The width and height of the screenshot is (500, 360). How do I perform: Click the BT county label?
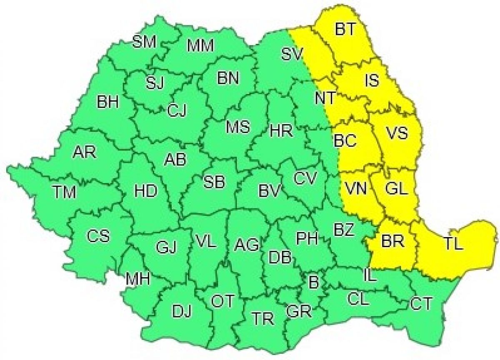[x=345, y=30]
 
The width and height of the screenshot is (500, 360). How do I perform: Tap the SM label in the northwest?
[x=144, y=42]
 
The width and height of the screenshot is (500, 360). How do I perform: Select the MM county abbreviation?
[x=200, y=45]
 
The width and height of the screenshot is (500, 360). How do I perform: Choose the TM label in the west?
[x=65, y=192]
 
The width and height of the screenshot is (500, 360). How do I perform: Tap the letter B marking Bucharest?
[x=313, y=283]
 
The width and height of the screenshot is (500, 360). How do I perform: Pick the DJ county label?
[x=182, y=311]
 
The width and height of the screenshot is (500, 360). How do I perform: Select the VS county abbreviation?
[x=397, y=134]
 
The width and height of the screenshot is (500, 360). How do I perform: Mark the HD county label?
[x=145, y=191]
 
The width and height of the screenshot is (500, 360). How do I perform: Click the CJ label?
[x=178, y=111]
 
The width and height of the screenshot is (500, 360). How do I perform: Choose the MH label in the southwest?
[x=138, y=279]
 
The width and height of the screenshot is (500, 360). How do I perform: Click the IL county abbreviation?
[x=369, y=275]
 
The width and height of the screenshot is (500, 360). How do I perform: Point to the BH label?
[x=108, y=102]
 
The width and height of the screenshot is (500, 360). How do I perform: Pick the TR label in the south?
[x=263, y=320]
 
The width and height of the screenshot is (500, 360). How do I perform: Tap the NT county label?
[x=325, y=98]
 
